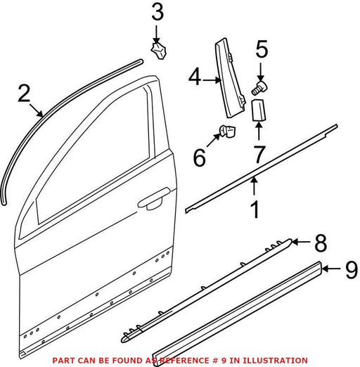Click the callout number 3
click(157, 12)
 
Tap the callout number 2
click(24, 93)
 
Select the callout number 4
click(195, 77)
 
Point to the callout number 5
click(262, 49)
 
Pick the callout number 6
click(200, 157)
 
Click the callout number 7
click(259, 154)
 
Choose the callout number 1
click(255, 209)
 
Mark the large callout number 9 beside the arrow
click(352, 270)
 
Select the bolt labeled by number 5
click(259, 88)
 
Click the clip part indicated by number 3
click(158, 51)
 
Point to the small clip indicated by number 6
click(227, 131)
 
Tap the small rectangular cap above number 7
click(258, 110)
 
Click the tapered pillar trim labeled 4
click(230, 78)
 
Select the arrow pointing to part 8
click(301, 242)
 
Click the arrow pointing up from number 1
click(255, 186)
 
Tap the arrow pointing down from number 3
click(156, 34)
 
